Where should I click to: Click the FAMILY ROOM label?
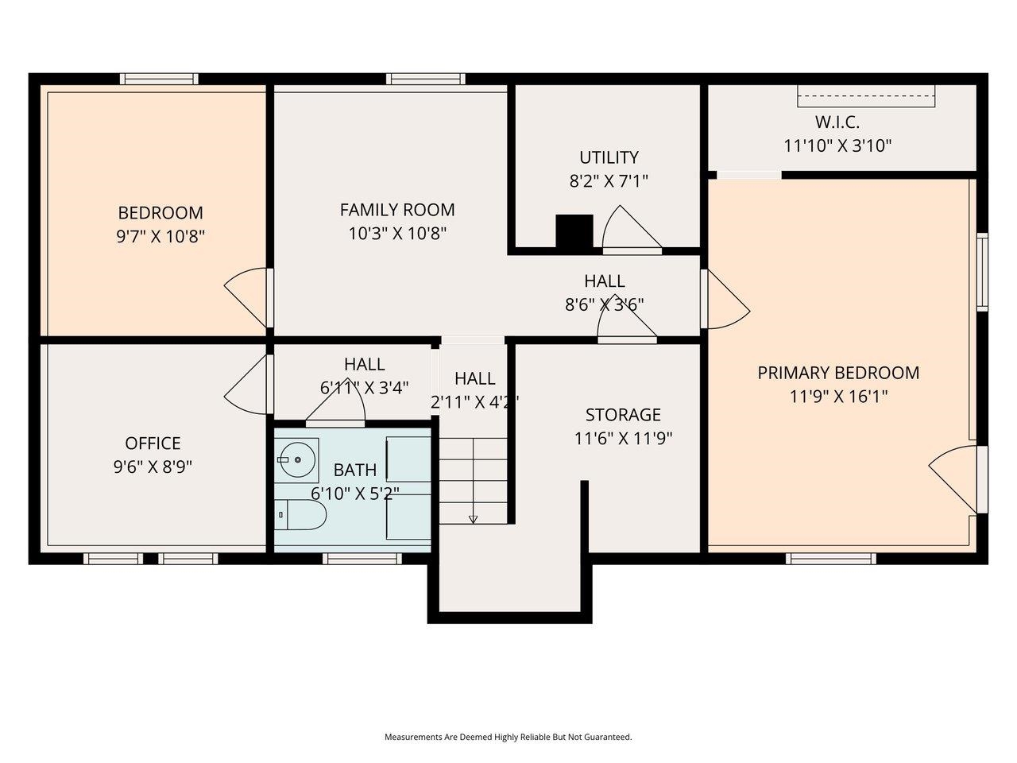coord(397,210)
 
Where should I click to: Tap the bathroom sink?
coord(296,459)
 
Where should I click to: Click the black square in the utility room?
coord(574,231)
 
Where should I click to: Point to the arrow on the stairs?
coord(474,519)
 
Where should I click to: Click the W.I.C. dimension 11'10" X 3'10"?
coord(837,145)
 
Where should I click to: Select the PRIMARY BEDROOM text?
coord(837,373)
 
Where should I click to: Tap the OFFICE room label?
coord(153,443)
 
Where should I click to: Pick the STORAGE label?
coord(623,415)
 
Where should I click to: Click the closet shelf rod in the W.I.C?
coord(866,95)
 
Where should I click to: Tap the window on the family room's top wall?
coord(425,79)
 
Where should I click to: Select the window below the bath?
coord(362,559)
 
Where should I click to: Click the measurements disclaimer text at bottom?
coord(508,737)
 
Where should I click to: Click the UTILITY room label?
coord(609,157)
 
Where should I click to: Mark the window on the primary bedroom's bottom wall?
coord(830,559)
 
